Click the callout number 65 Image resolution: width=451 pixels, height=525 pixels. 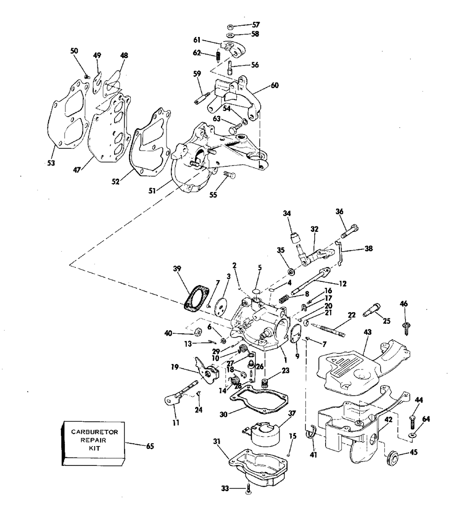[x=150, y=447]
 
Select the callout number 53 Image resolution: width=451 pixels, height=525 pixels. [x=51, y=163]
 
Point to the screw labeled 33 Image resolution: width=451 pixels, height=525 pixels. [x=249, y=488]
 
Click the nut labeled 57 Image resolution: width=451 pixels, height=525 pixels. [x=230, y=26]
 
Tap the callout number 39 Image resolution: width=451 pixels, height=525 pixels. [x=177, y=269]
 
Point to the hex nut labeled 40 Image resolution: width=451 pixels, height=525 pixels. [x=197, y=333]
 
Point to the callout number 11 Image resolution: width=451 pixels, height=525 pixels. [x=175, y=423]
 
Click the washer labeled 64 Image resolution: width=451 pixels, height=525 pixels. [x=414, y=435]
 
